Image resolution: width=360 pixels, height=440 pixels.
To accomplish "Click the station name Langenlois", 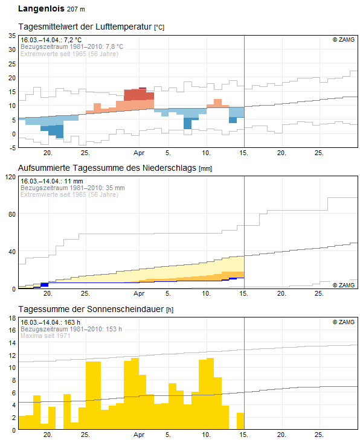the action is click(41, 8).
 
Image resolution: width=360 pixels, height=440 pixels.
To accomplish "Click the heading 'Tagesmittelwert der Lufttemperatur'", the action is click(85, 27).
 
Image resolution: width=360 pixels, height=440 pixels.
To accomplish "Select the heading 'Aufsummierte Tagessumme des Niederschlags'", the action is click(107, 168).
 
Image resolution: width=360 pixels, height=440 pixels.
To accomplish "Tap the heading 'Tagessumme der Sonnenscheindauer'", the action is click(91, 309).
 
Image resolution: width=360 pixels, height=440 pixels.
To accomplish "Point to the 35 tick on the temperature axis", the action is click(12, 36).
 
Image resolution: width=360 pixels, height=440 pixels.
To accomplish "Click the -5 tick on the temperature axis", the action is click(12, 148).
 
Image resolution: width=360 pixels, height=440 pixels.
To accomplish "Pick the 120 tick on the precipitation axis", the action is click(11, 177).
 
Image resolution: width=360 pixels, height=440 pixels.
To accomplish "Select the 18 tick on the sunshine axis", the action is click(12, 318).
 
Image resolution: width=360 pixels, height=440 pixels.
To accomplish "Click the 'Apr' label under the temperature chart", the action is click(139, 153).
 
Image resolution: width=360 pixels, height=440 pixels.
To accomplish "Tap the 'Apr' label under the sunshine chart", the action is click(139, 435).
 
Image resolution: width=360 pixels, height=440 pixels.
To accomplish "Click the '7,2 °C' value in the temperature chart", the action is click(72, 40).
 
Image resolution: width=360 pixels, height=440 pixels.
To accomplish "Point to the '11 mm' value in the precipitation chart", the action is click(74, 181).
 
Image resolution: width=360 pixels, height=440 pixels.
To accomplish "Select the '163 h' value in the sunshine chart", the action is click(72, 322).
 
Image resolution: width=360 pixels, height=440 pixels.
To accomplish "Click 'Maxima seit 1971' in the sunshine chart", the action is click(45, 336).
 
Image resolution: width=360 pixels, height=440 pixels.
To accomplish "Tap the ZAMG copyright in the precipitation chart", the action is click(344, 285).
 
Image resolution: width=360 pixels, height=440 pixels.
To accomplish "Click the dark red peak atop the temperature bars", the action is click(143, 88).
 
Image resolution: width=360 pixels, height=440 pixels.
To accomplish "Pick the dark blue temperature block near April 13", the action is click(233, 120).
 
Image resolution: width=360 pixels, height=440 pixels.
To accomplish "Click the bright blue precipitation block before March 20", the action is click(45, 285).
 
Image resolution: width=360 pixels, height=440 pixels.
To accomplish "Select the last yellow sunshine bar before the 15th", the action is click(240, 421).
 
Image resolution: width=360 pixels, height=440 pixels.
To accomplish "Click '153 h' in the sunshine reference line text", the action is click(114, 329).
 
